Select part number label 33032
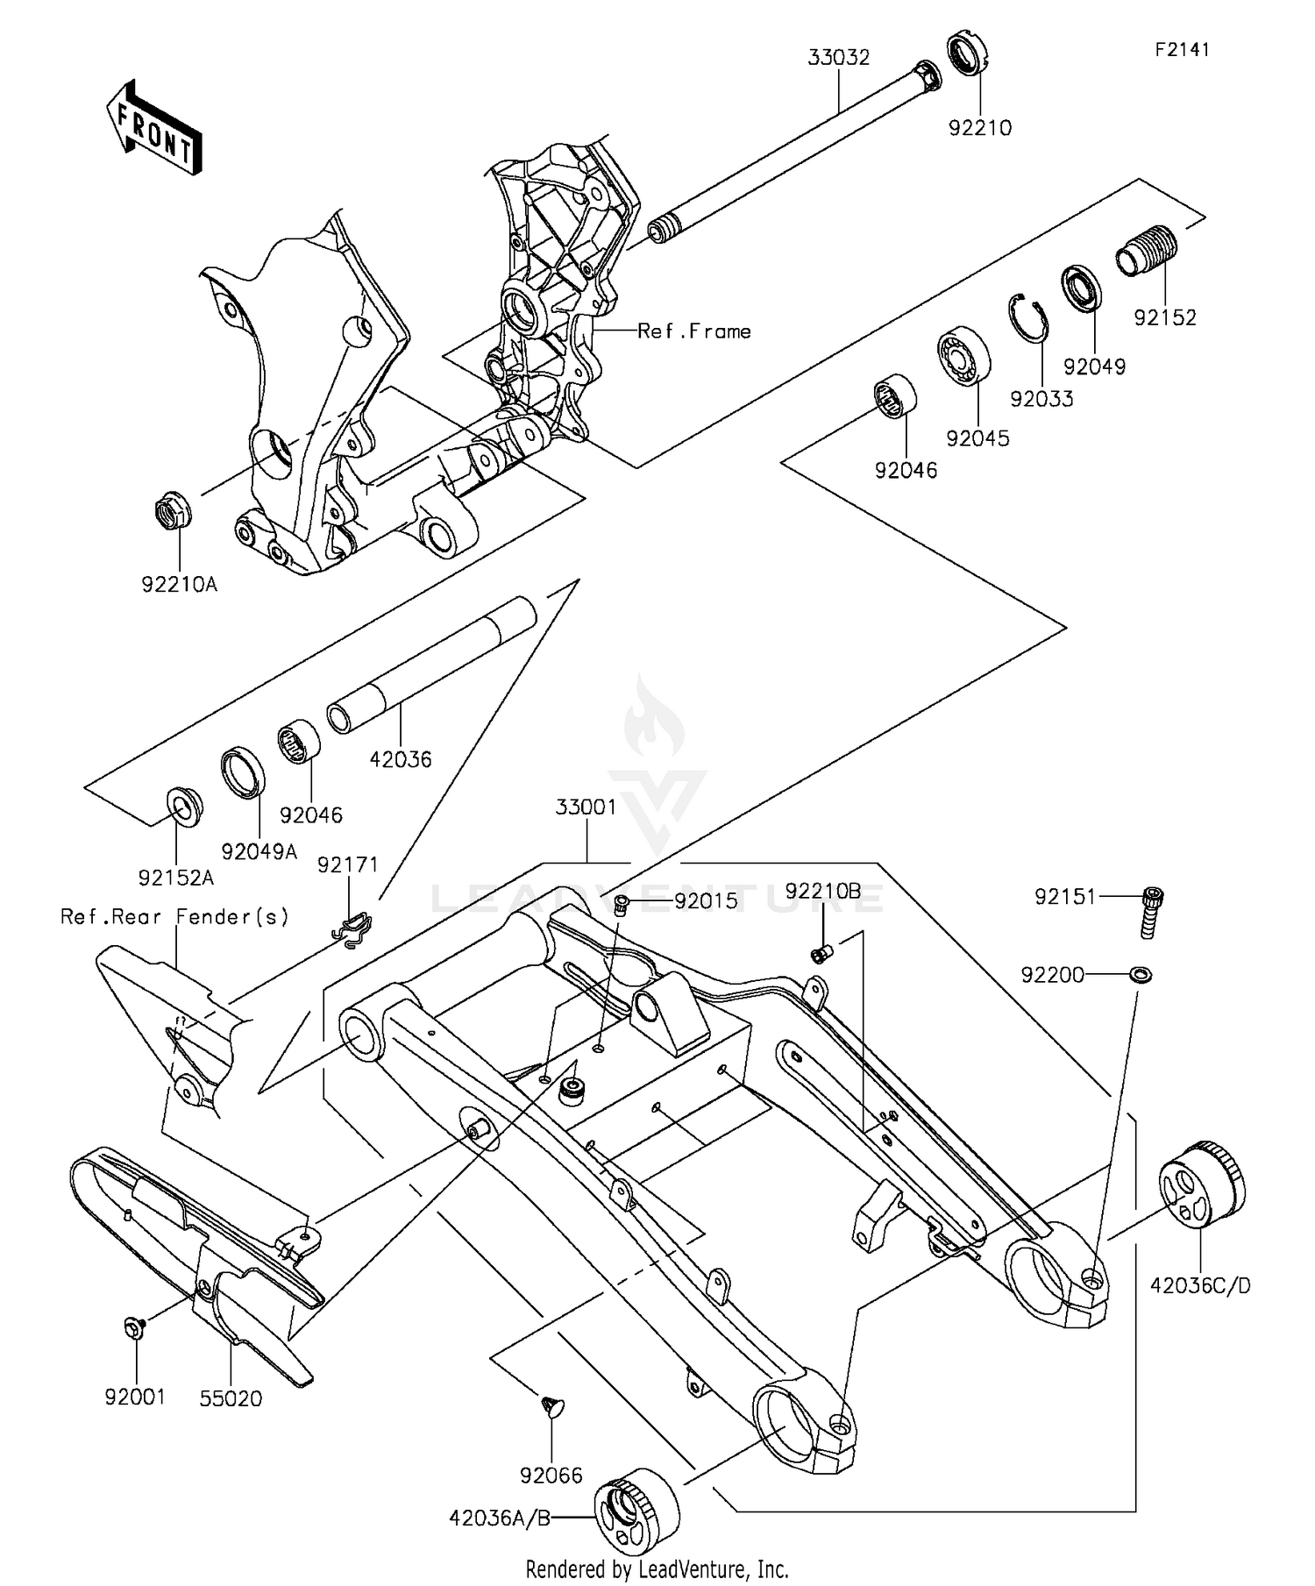coord(838,59)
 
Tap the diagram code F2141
coord(1181,50)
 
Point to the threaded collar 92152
coord(1147,251)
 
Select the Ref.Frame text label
coord(694,331)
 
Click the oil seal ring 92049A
coord(243,773)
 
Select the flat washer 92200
coord(1141,974)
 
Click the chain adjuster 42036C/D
coord(1201,1184)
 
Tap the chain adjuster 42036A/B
coord(636,1511)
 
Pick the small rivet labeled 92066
coord(552,1407)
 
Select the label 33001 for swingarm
coord(586,807)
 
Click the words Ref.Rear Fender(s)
coord(174,917)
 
